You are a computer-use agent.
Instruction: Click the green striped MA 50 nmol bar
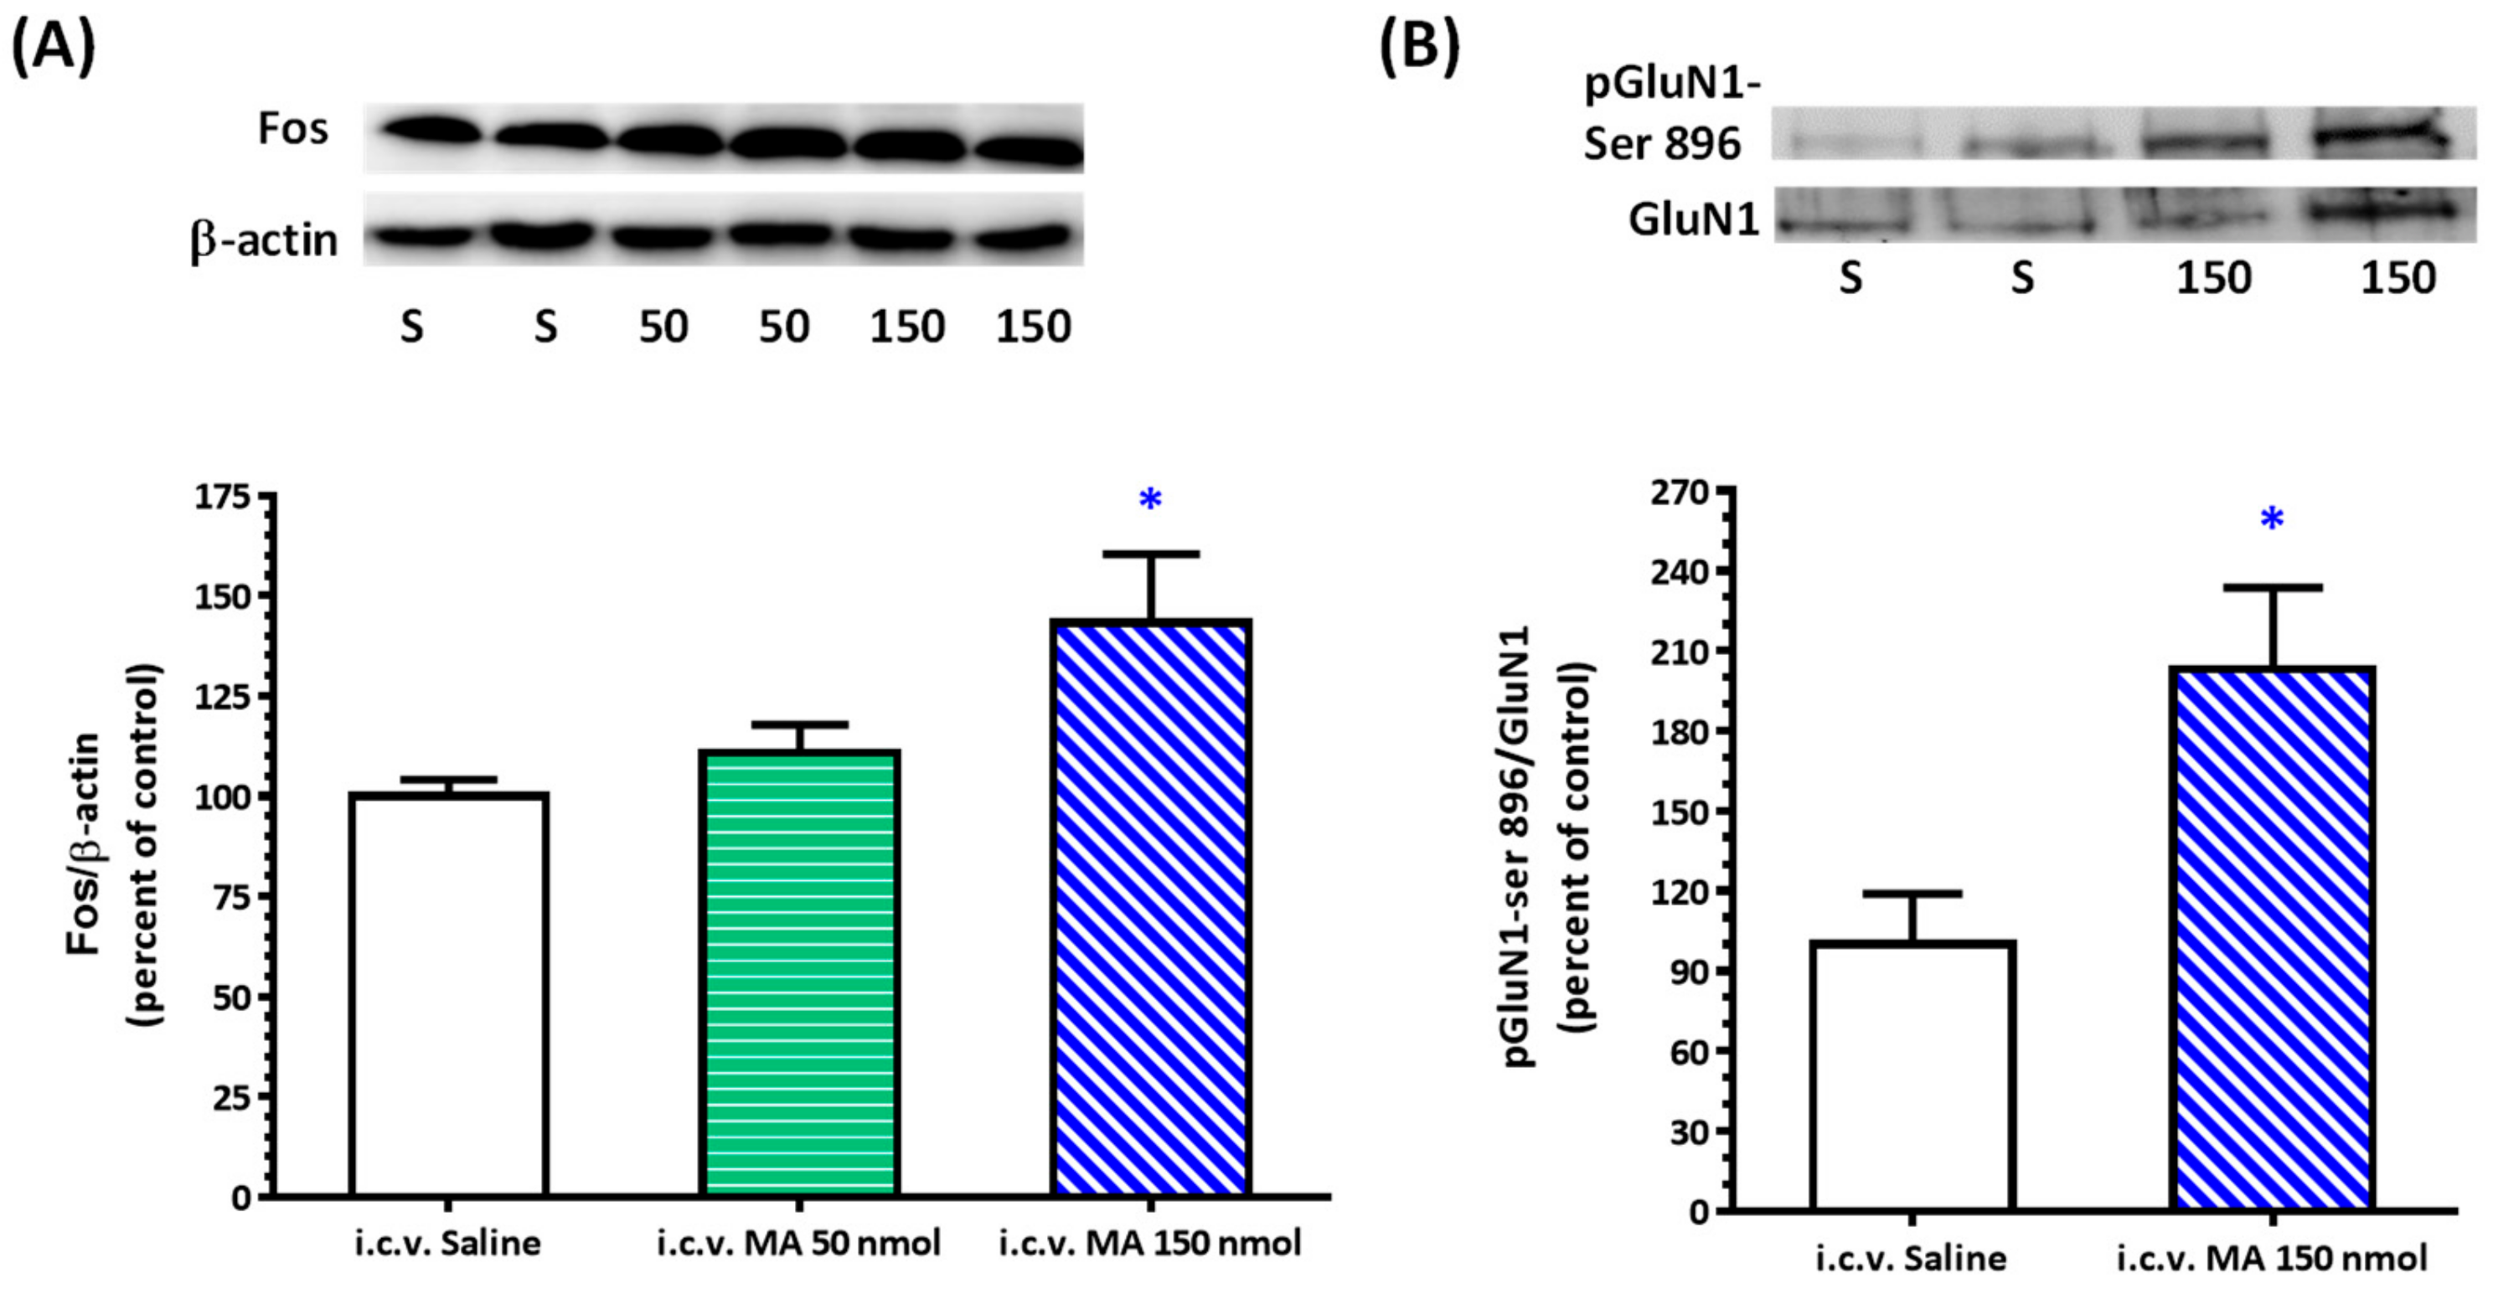799,972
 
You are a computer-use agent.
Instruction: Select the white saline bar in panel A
449,994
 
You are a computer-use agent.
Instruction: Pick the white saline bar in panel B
1912,1074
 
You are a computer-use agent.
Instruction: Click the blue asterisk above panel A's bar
1149,501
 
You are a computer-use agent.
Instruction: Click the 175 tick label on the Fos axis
222,498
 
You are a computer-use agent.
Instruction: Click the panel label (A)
54,45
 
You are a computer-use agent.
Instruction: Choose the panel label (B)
1419,45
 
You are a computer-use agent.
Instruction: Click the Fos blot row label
292,129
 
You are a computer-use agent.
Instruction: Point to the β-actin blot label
263,240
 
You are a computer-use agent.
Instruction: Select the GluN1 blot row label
1693,220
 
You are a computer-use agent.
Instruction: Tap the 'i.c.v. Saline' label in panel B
1911,1259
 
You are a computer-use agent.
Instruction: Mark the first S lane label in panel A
411,327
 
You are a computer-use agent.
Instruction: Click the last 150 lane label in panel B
2398,279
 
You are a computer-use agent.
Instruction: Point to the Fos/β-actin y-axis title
114,844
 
